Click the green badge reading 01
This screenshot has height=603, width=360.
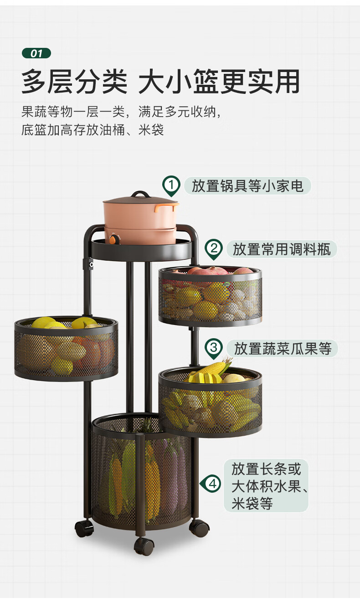(36, 53)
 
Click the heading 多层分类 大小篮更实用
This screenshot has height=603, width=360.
(160, 82)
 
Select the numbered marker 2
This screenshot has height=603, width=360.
(213, 249)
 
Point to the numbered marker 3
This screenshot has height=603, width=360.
(213, 349)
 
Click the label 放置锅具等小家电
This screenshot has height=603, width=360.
(247, 186)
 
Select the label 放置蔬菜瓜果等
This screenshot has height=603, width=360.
(283, 349)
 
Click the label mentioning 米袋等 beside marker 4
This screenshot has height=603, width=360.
(266, 485)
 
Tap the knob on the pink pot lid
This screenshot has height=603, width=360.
(140, 195)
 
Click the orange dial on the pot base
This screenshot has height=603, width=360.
(112, 238)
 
